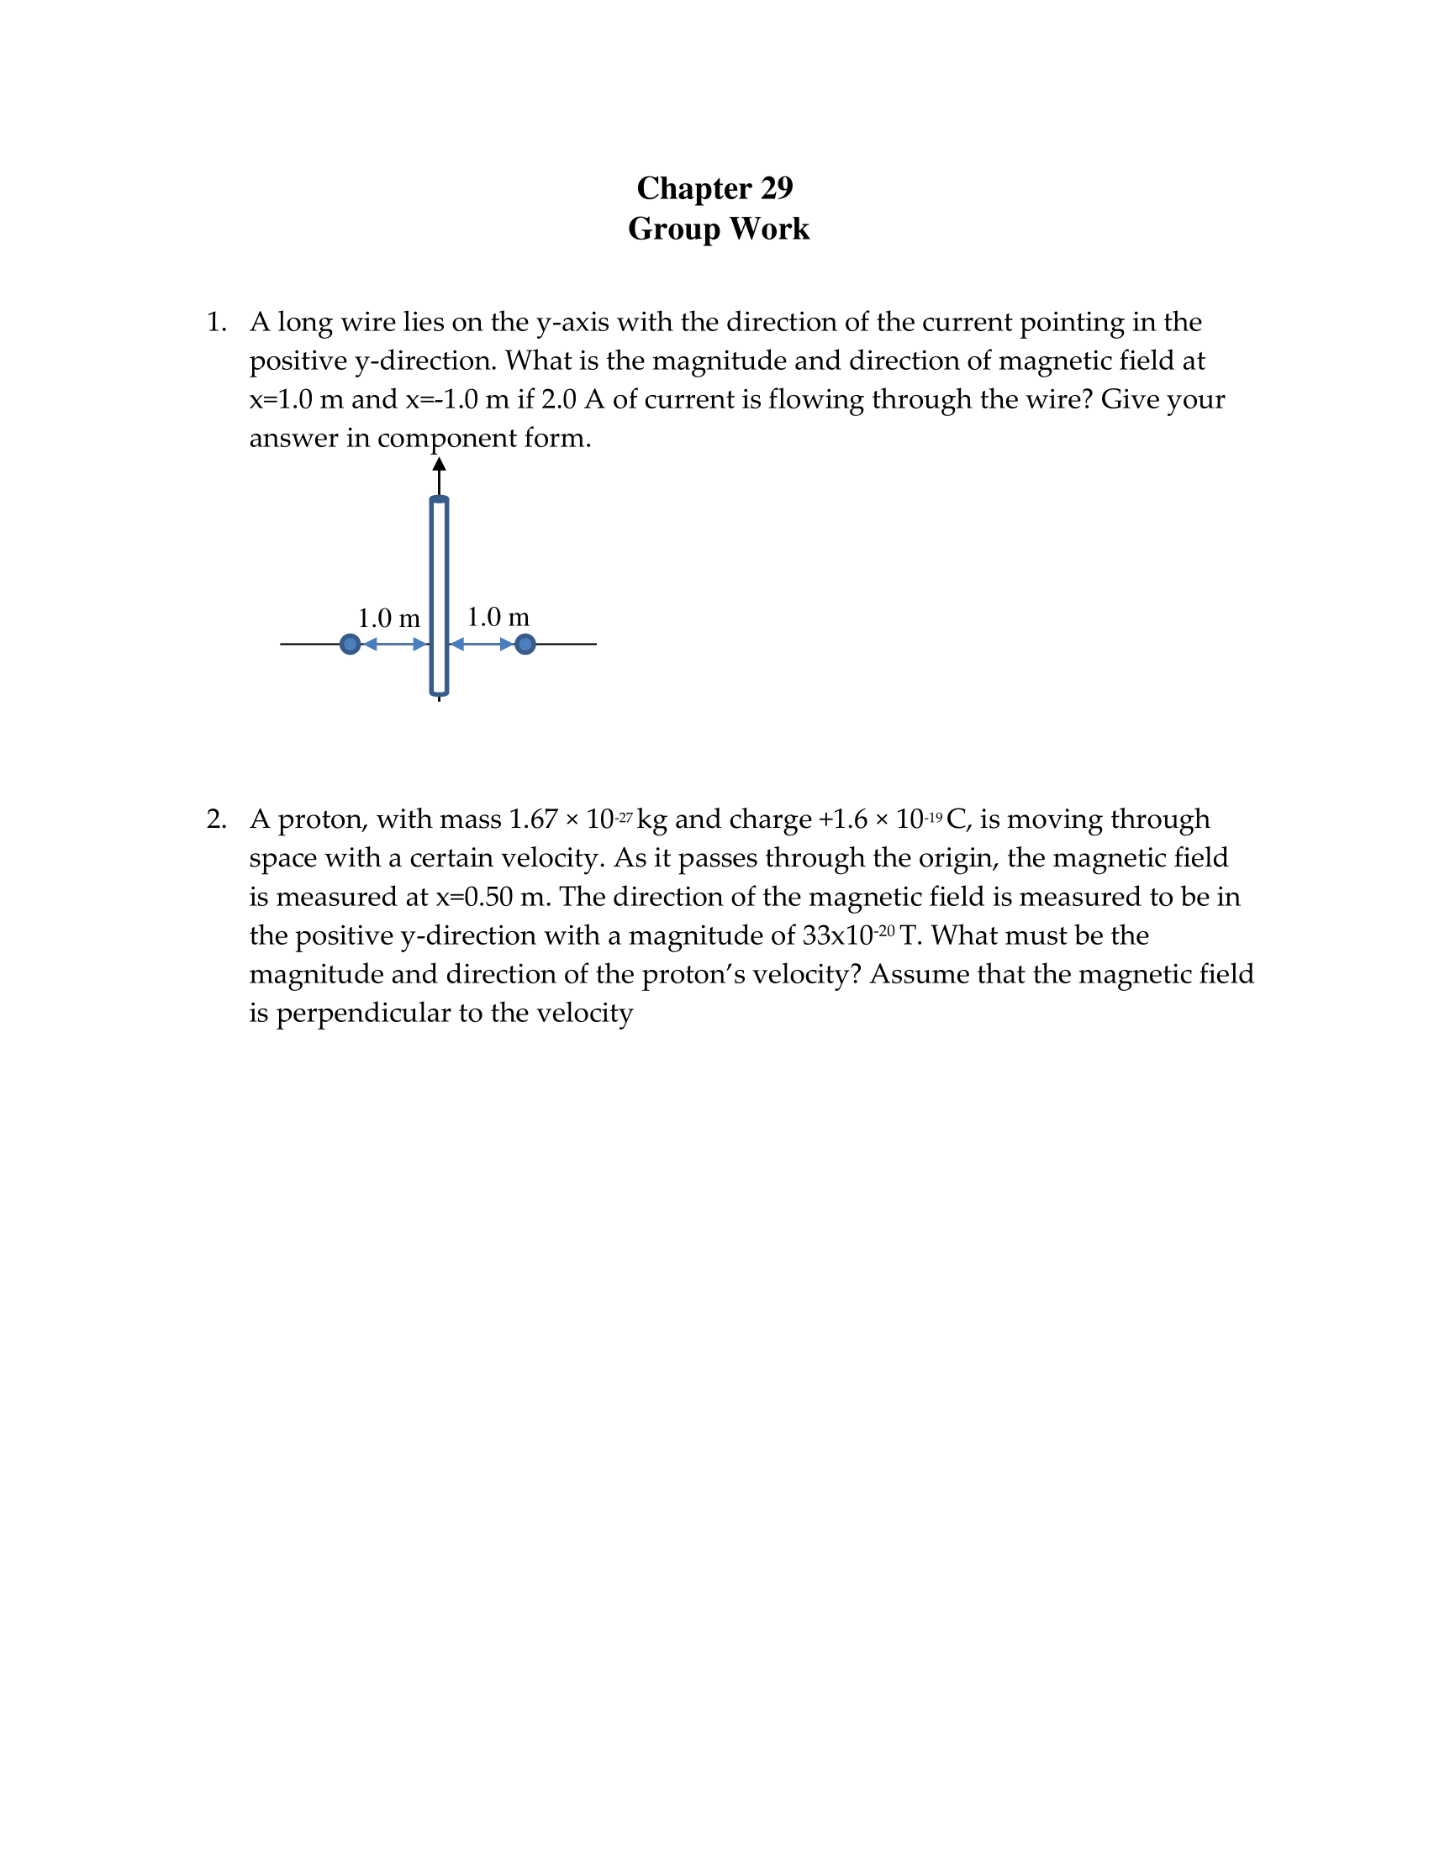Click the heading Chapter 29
point(714,188)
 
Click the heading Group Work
point(718,229)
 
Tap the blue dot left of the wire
point(350,645)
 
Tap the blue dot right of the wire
point(525,645)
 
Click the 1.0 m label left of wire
point(388,618)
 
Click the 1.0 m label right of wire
point(498,617)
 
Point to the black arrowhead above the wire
point(439,464)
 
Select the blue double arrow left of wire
point(394,645)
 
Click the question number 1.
point(216,323)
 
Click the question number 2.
point(216,819)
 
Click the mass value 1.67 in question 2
point(532,819)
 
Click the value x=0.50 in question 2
point(474,898)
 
